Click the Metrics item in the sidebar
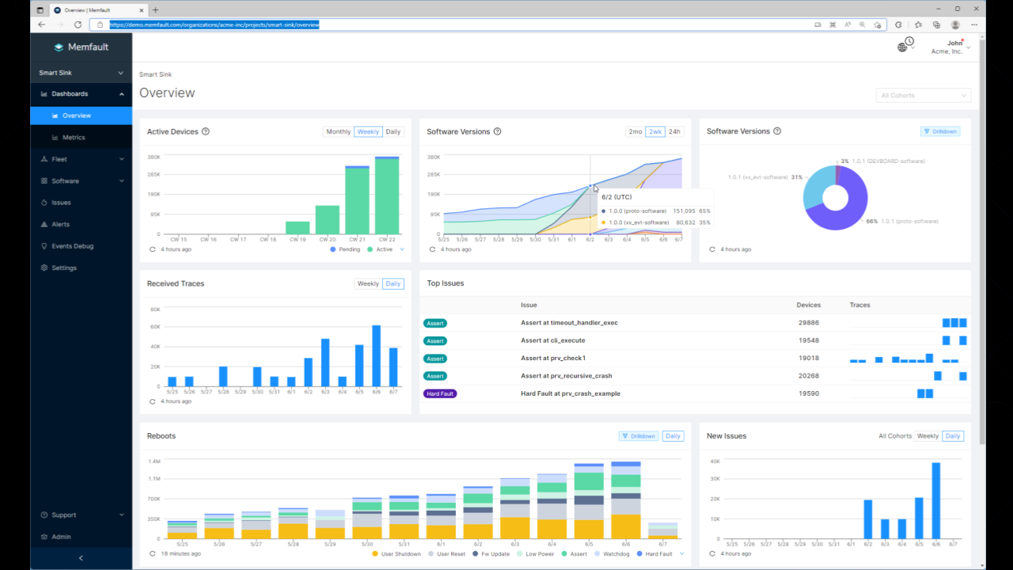pos(74,138)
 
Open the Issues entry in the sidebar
pos(61,203)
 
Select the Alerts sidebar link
pos(60,225)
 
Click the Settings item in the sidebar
pos(64,268)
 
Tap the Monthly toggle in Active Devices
pos(338,132)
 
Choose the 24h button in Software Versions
pos(674,132)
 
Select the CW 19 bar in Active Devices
pos(298,228)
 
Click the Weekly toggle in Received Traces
pos(368,284)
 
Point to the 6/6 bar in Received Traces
pos(377,356)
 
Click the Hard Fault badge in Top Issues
pos(440,393)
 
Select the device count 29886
pos(808,323)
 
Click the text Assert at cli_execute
pos(552,340)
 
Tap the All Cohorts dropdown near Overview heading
pos(923,96)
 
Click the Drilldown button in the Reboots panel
pos(639,436)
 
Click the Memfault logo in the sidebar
pos(81,47)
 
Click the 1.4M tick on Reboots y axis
pos(154,461)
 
